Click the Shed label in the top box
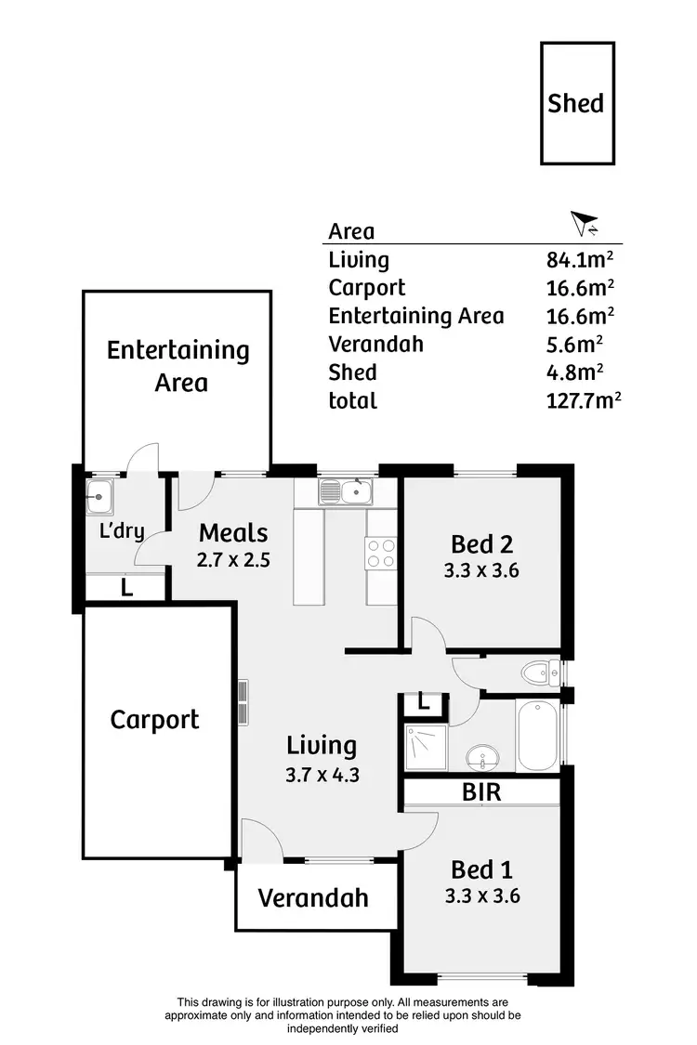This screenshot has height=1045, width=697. [576, 103]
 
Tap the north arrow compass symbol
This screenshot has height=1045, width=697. [584, 224]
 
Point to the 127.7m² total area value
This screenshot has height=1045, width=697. [583, 400]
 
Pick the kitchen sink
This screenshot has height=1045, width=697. [346, 490]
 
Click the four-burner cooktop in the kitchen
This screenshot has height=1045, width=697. [381, 554]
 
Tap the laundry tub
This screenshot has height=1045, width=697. [99, 497]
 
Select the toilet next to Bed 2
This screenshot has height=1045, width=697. [538, 671]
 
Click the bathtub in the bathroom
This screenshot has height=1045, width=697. [537, 736]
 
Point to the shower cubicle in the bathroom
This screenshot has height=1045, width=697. [426, 749]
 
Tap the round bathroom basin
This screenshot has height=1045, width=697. [482, 757]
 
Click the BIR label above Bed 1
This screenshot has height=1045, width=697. [481, 792]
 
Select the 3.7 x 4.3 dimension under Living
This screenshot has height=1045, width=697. [321, 773]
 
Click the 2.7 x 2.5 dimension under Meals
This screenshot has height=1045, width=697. [233, 560]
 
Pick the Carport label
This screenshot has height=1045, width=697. [154, 720]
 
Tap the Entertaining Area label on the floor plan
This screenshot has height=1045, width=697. [178, 366]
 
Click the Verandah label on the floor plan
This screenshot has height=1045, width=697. [313, 898]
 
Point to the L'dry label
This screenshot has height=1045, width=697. [121, 533]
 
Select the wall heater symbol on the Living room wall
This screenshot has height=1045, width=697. [243, 702]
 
